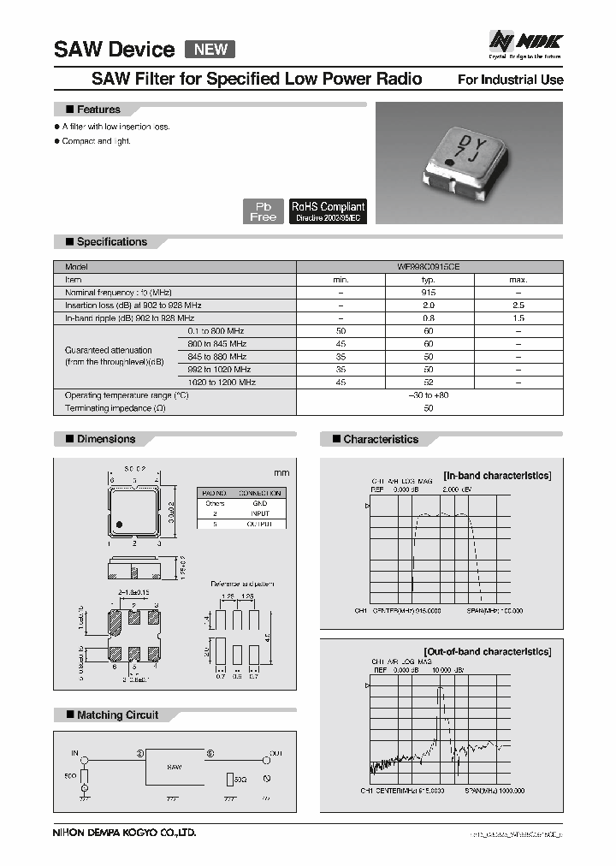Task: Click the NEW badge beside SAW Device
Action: pyautogui.click(x=210, y=49)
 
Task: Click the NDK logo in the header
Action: pyautogui.click(x=525, y=41)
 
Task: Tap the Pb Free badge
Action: pyautogui.click(x=264, y=211)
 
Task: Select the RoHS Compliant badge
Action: pyautogui.click(x=329, y=211)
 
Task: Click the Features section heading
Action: pyautogui.click(x=98, y=110)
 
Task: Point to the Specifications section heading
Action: pyautogui.click(x=111, y=242)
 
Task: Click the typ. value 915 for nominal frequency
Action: pyautogui.click(x=429, y=292)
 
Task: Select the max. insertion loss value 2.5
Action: pyautogui.click(x=518, y=305)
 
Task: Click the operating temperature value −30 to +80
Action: pyautogui.click(x=429, y=395)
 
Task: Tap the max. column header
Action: pyautogui.click(x=518, y=279)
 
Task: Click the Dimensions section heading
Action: pyautogui.click(x=106, y=439)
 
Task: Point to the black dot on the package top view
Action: pyautogui.click(x=121, y=524)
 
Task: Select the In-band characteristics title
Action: pyautogui.click(x=496, y=475)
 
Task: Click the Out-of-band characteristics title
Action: pyautogui.click(x=488, y=651)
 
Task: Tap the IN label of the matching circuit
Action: pyautogui.click(x=74, y=754)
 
